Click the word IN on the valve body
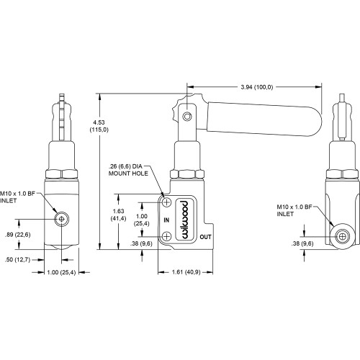pos(166,219)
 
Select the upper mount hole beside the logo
pos(168,202)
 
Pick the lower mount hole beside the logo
pos(168,236)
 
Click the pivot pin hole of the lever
pos(186,117)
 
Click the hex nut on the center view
pos(186,174)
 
